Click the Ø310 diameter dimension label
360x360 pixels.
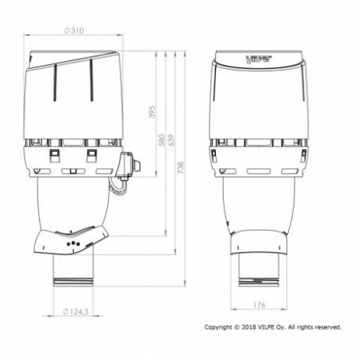click(74, 31)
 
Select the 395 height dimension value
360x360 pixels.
click(152, 112)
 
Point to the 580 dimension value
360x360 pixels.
click(162, 140)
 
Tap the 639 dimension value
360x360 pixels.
click(171, 140)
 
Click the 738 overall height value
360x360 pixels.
click(181, 167)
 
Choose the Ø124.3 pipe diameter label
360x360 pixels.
click(76, 311)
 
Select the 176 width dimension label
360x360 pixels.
click(259, 304)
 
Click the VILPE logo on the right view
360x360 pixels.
click(258, 59)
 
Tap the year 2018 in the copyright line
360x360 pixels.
click(249, 327)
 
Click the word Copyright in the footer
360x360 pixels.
click(218, 327)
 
